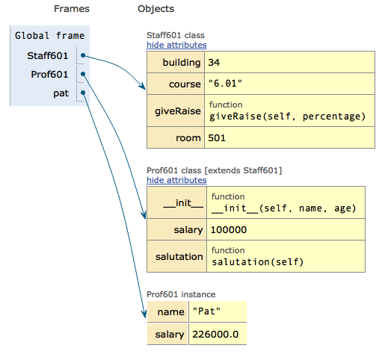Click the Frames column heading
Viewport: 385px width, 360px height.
72,9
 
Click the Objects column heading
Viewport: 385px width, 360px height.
155,9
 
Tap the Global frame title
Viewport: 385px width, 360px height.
50,36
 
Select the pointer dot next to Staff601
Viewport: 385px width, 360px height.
83,55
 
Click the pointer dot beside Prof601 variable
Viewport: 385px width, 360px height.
83,74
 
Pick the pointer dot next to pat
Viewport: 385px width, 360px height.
83,93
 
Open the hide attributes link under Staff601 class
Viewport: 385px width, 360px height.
176,45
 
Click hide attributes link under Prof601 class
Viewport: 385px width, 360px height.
176,180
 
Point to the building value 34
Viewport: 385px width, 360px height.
214,62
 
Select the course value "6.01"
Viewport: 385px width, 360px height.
225,84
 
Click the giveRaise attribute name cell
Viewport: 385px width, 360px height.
176,111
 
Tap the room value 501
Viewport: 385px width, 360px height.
217,138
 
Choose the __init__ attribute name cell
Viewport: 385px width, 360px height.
177,202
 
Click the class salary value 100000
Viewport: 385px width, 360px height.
229,230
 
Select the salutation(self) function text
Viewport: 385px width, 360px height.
258,262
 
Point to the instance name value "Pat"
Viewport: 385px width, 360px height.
206,311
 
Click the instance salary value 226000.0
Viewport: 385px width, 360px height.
215,334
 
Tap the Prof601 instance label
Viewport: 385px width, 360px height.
181,294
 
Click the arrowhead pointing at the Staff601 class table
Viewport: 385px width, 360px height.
143,86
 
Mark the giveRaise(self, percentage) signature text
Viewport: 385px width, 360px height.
287,117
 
